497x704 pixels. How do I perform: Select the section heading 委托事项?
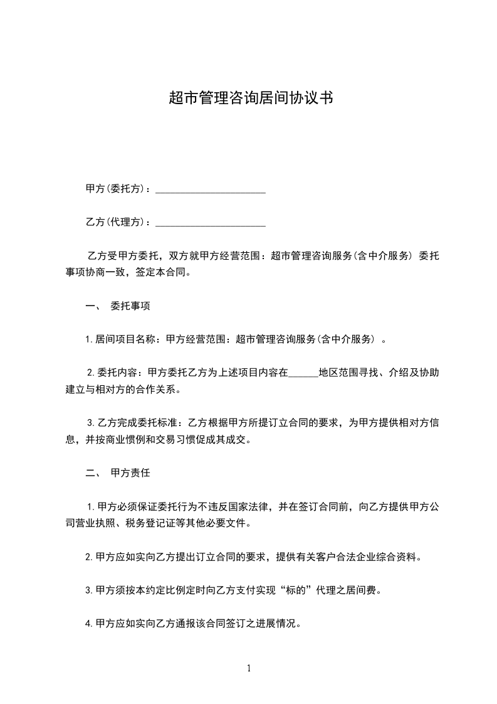click(x=130, y=307)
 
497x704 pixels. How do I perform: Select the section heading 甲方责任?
click(x=130, y=474)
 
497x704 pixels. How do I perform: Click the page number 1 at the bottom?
click(x=249, y=669)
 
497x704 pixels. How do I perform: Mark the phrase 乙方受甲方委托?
click(x=118, y=257)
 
